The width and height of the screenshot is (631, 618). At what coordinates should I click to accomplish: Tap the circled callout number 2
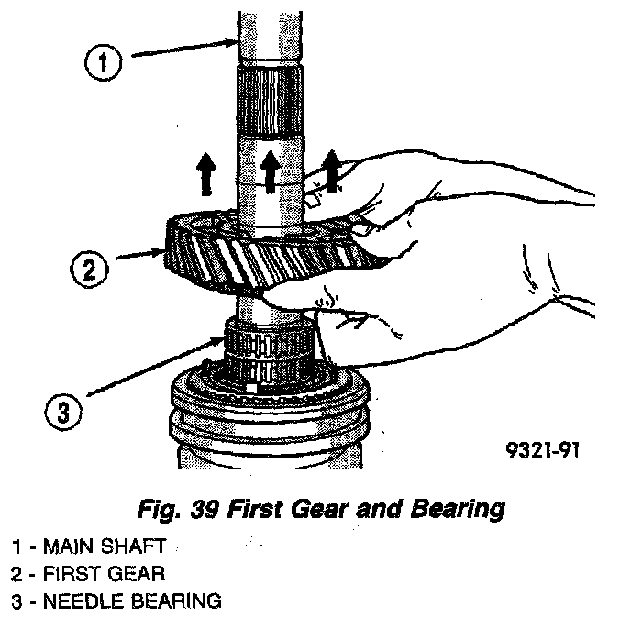(88, 270)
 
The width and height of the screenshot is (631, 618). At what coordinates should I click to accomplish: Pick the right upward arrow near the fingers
(327, 171)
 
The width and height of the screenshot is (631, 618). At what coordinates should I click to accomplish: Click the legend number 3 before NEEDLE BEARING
(17, 601)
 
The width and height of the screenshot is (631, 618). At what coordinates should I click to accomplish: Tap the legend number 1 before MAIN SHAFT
(17, 547)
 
